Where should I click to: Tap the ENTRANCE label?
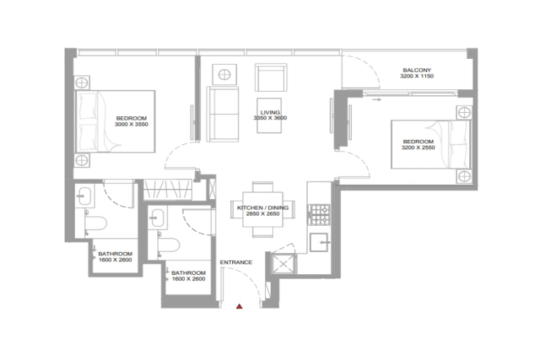click(x=236, y=262)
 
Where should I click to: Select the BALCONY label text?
click(x=416, y=71)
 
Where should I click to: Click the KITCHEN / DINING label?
click(x=263, y=208)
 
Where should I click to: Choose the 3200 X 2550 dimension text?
click(x=417, y=147)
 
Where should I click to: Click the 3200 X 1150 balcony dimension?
click(x=416, y=78)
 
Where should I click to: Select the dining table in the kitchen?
click(x=263, y=209)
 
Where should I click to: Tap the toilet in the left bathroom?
click(x=93, y=222)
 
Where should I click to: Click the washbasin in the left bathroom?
click(x=84, y=196)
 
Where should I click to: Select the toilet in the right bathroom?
click(x=167, y=244)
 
